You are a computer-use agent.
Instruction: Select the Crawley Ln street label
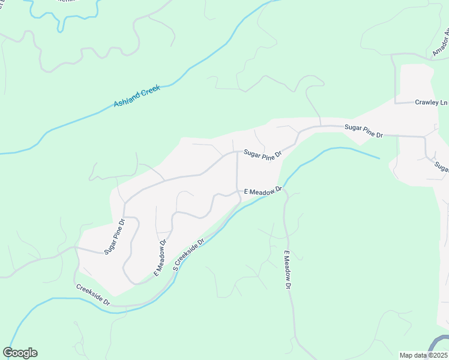tap(431, 103)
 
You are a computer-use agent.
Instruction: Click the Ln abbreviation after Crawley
tap(444, 103)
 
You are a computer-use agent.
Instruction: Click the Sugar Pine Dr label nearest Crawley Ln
tap(363, 131)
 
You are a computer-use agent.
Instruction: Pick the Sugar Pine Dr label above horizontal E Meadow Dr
tap(262, 155)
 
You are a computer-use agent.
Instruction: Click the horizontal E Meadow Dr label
tap(263, 191)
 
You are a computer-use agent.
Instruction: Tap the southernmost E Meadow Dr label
tap(287, 269)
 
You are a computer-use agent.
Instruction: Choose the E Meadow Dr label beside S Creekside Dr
tap(159, 257)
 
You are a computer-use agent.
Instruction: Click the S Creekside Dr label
tap(188, 254)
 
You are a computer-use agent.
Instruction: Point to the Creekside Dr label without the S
tap(93, 295)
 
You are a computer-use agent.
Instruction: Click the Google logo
tap(20, 353)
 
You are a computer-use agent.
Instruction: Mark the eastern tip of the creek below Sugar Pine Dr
tap(379, 158)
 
